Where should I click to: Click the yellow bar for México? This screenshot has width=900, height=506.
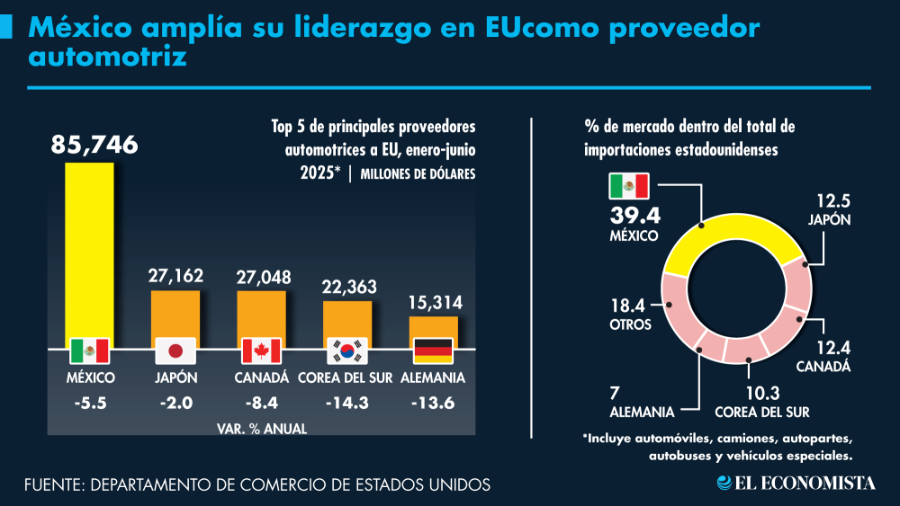click(89, 252)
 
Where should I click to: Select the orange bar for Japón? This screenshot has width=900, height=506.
click(175, 315)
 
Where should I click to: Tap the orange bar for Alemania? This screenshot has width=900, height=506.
click(433, 328)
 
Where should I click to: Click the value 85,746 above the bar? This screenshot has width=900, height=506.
click(94, 145)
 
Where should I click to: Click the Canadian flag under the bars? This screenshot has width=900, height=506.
click(262, 351)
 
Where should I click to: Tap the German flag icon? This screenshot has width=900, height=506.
click(432, 351)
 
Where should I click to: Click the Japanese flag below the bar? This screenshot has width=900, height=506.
click(175, 351)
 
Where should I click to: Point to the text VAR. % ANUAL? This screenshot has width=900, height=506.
click(262, 429)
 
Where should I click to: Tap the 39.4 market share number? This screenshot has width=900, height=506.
click(634, 217)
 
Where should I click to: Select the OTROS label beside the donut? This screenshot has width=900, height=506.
click(630, 324)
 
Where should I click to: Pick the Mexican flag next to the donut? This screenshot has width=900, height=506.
click(628, 186)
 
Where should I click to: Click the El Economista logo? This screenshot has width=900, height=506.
click(796, 484)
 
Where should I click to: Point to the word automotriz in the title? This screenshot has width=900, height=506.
click(107, 58)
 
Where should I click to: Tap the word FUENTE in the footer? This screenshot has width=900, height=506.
click(52, 484)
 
